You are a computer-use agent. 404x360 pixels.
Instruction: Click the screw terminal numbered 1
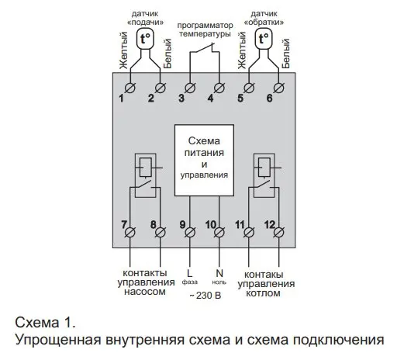click(130, 88)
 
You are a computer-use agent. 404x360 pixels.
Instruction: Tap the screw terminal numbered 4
click(219, 88)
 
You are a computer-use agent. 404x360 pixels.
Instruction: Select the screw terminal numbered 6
click(278, 88)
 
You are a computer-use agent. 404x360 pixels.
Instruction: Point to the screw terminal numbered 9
click(190, 232)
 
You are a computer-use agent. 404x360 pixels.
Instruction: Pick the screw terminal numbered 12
click(278, 232)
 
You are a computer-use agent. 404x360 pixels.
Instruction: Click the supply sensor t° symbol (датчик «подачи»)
click(145, 39)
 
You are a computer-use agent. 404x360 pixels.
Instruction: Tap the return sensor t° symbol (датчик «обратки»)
click(264, 39)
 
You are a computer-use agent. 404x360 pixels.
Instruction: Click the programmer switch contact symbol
click(205, 48)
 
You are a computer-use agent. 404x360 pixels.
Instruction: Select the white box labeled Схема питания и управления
click(204, 161)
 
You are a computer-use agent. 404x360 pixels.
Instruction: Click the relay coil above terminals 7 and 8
click(145, 168)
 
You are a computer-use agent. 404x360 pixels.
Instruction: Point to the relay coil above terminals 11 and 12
click(264, 168)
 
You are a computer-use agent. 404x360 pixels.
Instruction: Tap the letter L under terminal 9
click(190, 273)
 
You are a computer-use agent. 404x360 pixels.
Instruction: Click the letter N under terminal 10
click(219, 273)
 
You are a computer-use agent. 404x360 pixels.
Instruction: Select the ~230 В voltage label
click(205, 295)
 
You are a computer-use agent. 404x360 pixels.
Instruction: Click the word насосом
click(145, 292)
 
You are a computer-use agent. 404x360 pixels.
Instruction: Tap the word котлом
click(263, 293)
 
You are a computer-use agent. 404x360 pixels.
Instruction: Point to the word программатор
click(205, 26)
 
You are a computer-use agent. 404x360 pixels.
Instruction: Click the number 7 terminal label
click(124, 224)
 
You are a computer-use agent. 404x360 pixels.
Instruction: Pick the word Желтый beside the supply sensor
click(124, 50)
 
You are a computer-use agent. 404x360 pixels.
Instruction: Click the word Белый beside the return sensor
click(285, 54)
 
